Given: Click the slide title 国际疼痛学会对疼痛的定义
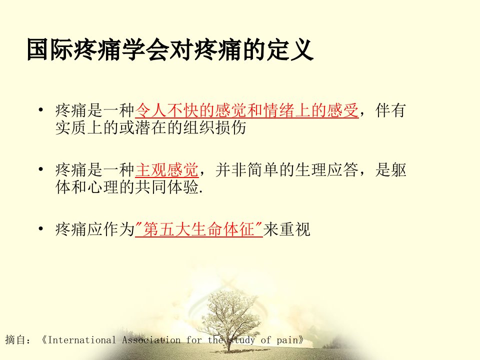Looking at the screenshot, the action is pyautogui.click(x=170, y=49).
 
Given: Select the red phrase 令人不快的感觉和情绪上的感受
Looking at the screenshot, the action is pyautogui.click(x=246, y=110).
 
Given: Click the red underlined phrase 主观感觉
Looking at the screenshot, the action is pyautogui.click(x=167, y=170).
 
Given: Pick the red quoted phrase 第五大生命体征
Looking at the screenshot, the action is pyautogui.click(x=199, y=229).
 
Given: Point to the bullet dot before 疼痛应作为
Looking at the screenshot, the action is pyautogui.click(x=41, y=229).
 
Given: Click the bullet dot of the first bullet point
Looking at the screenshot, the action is pyautogui.click(x=41, y=110).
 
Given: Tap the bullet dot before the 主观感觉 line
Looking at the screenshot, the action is pyautogui.click(x=41, y=169).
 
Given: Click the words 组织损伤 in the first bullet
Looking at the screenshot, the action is pyautogui.click(x=215, y=127).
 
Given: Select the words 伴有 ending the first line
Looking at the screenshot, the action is pyautogui.click(x=390, y=110).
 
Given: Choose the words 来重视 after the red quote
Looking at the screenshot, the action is pyautogui.click(x=287, y=229).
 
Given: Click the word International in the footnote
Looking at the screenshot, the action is pyautogui.click(x=82, y=340).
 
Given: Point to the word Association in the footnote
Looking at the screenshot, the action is pyautogui.click(x=151, y=340).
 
